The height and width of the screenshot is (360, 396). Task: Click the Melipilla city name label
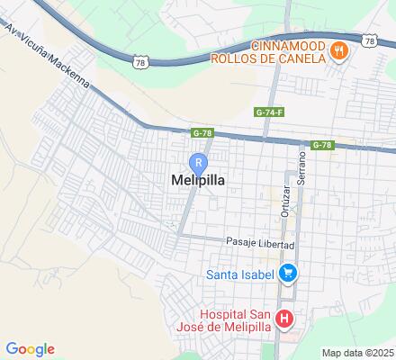[x=197, y=180]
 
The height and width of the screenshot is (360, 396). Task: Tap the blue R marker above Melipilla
[x=198, y=162]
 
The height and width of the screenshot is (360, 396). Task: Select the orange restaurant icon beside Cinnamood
[x=338, y=51]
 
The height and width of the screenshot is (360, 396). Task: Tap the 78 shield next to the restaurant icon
[x=370, y=40]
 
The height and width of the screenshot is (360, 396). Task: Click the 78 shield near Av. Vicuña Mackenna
[x=139, y=61]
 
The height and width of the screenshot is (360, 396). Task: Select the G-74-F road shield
[x=269, y=112]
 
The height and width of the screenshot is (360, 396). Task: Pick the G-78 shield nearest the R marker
[x=202, y=132]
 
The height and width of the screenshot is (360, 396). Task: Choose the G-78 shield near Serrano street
[x=323, y=145]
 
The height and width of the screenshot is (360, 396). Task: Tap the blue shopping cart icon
[x=288, y=272]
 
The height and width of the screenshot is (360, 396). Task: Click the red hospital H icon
[x=284, y=319]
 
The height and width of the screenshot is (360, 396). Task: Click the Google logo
[x=30, y=349]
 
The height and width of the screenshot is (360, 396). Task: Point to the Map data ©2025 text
[x=358, y=353]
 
